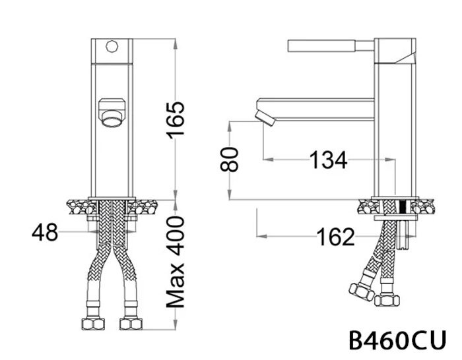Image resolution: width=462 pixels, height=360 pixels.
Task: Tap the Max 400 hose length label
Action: click(x=176, y=262)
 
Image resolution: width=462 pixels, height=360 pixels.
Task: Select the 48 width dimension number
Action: click(x=46, y=232)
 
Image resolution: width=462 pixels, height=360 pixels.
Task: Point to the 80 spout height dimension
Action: click(x=229, y=159)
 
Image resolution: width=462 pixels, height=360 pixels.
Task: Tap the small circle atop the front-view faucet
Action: click(x=112, y=47)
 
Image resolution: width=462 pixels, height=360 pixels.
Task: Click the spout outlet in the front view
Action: click(x=110, y=111)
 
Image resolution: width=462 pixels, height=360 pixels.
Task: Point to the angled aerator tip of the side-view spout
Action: click(x=267, y=118)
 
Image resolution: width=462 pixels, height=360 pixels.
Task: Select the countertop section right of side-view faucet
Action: click(x=426, y=206)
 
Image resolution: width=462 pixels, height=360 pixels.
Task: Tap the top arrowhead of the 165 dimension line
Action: click(x=175, y=42)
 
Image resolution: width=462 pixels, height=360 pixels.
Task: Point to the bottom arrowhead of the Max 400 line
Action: click(x=175, y=326)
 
